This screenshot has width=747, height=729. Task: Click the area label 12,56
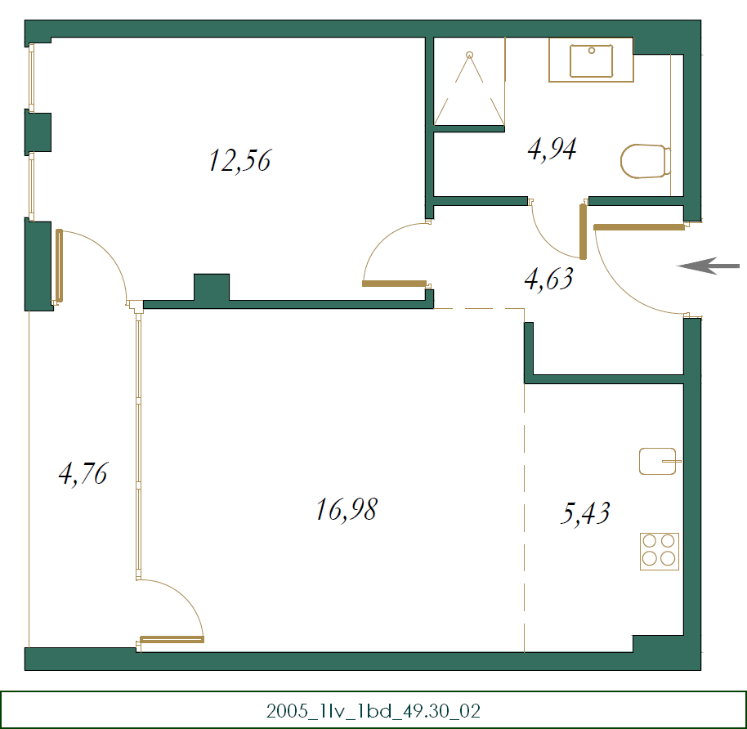point(239,160)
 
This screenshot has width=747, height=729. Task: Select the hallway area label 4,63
point(548,280)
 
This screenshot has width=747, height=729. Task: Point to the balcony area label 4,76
point(83,473)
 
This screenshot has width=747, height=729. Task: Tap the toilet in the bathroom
point(645,161)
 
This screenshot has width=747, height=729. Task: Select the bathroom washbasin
point(591,61)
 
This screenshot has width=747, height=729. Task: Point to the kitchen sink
point(658,461)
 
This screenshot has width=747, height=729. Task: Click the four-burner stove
point(660,550)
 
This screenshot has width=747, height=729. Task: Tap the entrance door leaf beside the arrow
point(639,227)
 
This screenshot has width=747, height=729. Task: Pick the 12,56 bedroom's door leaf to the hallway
point(394,284)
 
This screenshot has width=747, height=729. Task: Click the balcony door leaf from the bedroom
point(60,266)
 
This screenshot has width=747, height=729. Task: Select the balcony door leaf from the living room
point(172,639)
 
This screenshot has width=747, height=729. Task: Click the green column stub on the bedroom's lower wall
point(212,288)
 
